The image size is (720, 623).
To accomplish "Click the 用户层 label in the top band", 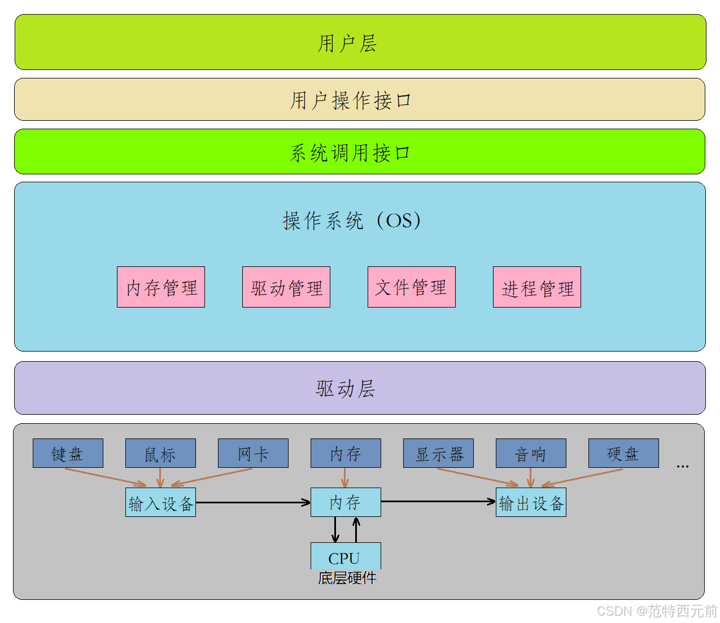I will pyautogui.click(x=347, y=43).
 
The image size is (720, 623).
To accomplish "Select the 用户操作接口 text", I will pyautogui.click(x=351, y=100).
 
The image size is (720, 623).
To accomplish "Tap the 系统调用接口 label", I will pyautogui.click(x=350, y=152).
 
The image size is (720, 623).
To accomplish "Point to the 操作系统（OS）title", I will pyautogui.click(x=352, y=220).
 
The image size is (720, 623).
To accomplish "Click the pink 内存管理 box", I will pyautogui.click(x=161, y=287).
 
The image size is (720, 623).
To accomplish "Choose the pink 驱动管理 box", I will pyautogui.click(x=286, y=287).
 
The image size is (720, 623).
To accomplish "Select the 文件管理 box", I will pyautogui.click(x=411, y=287).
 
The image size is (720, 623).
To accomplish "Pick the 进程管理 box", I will pyautogui.click(x=536, y=287).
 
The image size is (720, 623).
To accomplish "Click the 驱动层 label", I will pyautogui.click(x=346, y=388).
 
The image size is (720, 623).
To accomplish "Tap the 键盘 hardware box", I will pyautogui.click(x=68, y=453).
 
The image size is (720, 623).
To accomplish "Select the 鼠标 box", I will pyautogui.click(x=160, y=453).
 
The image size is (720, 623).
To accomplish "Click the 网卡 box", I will pyautogui.click(x=253, y=453).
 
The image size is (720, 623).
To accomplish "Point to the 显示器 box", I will pyautogui.click(x=438, y=453).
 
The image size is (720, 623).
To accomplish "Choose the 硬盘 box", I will pyautogui.click(x=623, y=453).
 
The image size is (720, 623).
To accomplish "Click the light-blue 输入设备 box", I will pyautogui.click(x=160, y=502).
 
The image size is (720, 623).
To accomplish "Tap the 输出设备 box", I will pyautogui.click(x=531, y=502).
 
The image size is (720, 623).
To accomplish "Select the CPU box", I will pyautogui.click(x=346, y=556).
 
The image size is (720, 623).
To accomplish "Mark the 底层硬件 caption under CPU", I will pyautogui.click(x=347, y=578).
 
